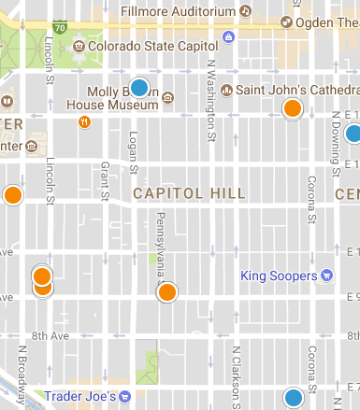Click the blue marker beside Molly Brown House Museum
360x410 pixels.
[x=139, y=88]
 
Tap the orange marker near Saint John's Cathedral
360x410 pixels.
[x=293, y=108]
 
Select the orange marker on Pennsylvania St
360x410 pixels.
[x=167, y=293]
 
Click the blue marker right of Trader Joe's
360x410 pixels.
[x=294, y=398]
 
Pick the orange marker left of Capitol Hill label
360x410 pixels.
[x=12, y=195]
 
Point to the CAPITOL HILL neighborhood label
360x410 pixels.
[x=190, y=193]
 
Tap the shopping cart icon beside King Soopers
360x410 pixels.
[x=327, y=276]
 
